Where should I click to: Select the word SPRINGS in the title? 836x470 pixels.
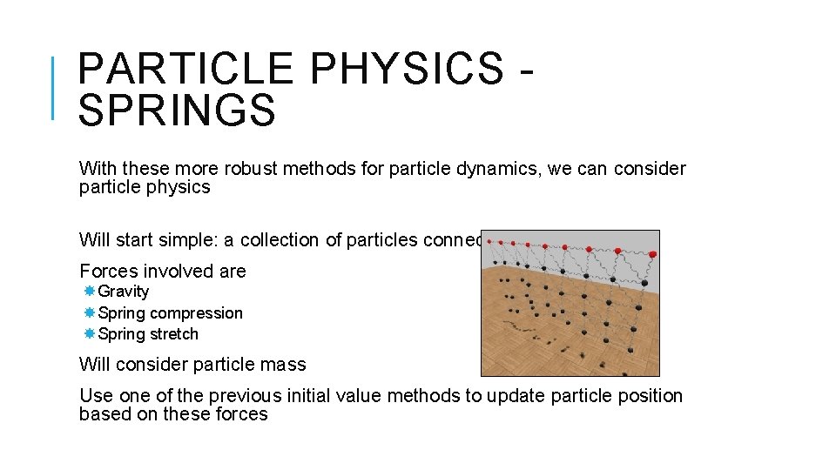coord(177,111)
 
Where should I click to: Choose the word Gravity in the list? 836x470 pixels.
coord(124,292)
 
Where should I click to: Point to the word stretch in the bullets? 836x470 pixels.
coord(173,334)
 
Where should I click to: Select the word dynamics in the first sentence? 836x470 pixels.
coord(492,169)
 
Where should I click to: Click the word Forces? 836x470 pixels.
coord(108,272)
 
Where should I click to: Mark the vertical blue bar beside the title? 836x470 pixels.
coord(53,87)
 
